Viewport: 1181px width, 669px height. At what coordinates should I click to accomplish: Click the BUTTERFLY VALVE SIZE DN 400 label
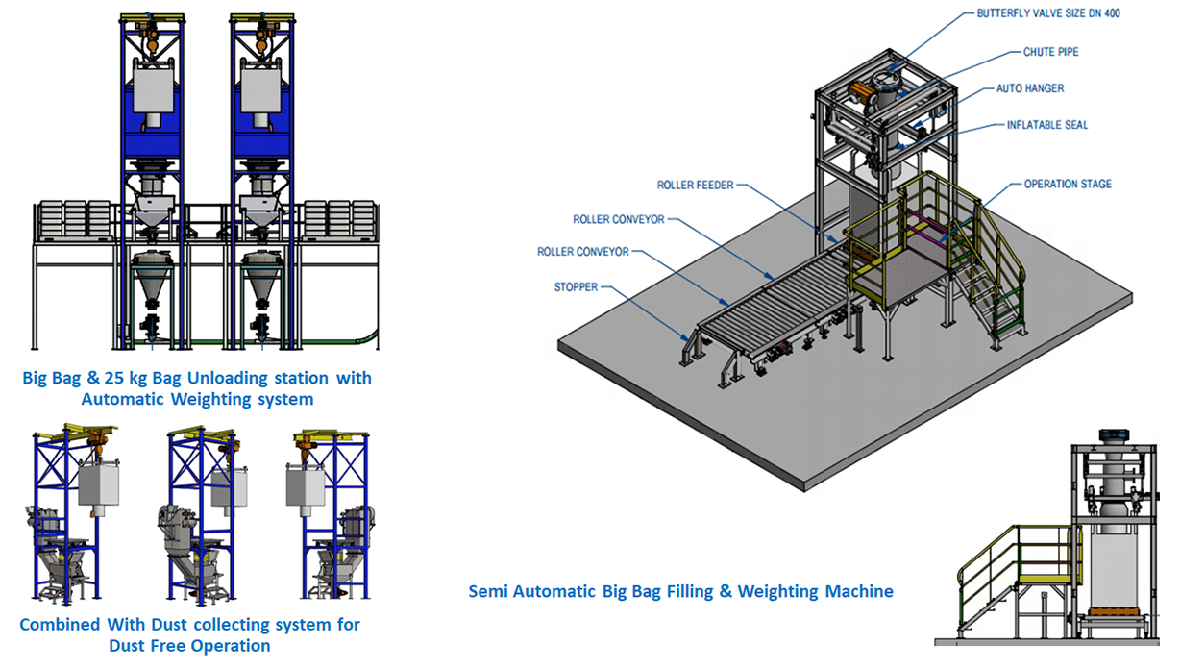[x=1047, y=13]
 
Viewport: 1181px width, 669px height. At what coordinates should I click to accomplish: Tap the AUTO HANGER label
[x=1030, y=88]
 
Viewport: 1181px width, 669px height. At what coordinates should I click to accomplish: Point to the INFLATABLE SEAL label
[x=1047, y=125]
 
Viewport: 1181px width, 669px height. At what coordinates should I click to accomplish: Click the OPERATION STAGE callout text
[x=1067, y=184]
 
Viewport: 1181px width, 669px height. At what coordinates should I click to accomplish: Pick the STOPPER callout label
[x=576, y=286]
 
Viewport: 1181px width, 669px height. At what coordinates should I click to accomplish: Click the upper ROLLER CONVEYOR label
[x=618, y=219]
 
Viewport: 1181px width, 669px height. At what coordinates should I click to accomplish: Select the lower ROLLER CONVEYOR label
[x=582, y=252]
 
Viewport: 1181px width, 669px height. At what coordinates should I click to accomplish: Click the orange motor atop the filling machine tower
[x=862, y=93]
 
